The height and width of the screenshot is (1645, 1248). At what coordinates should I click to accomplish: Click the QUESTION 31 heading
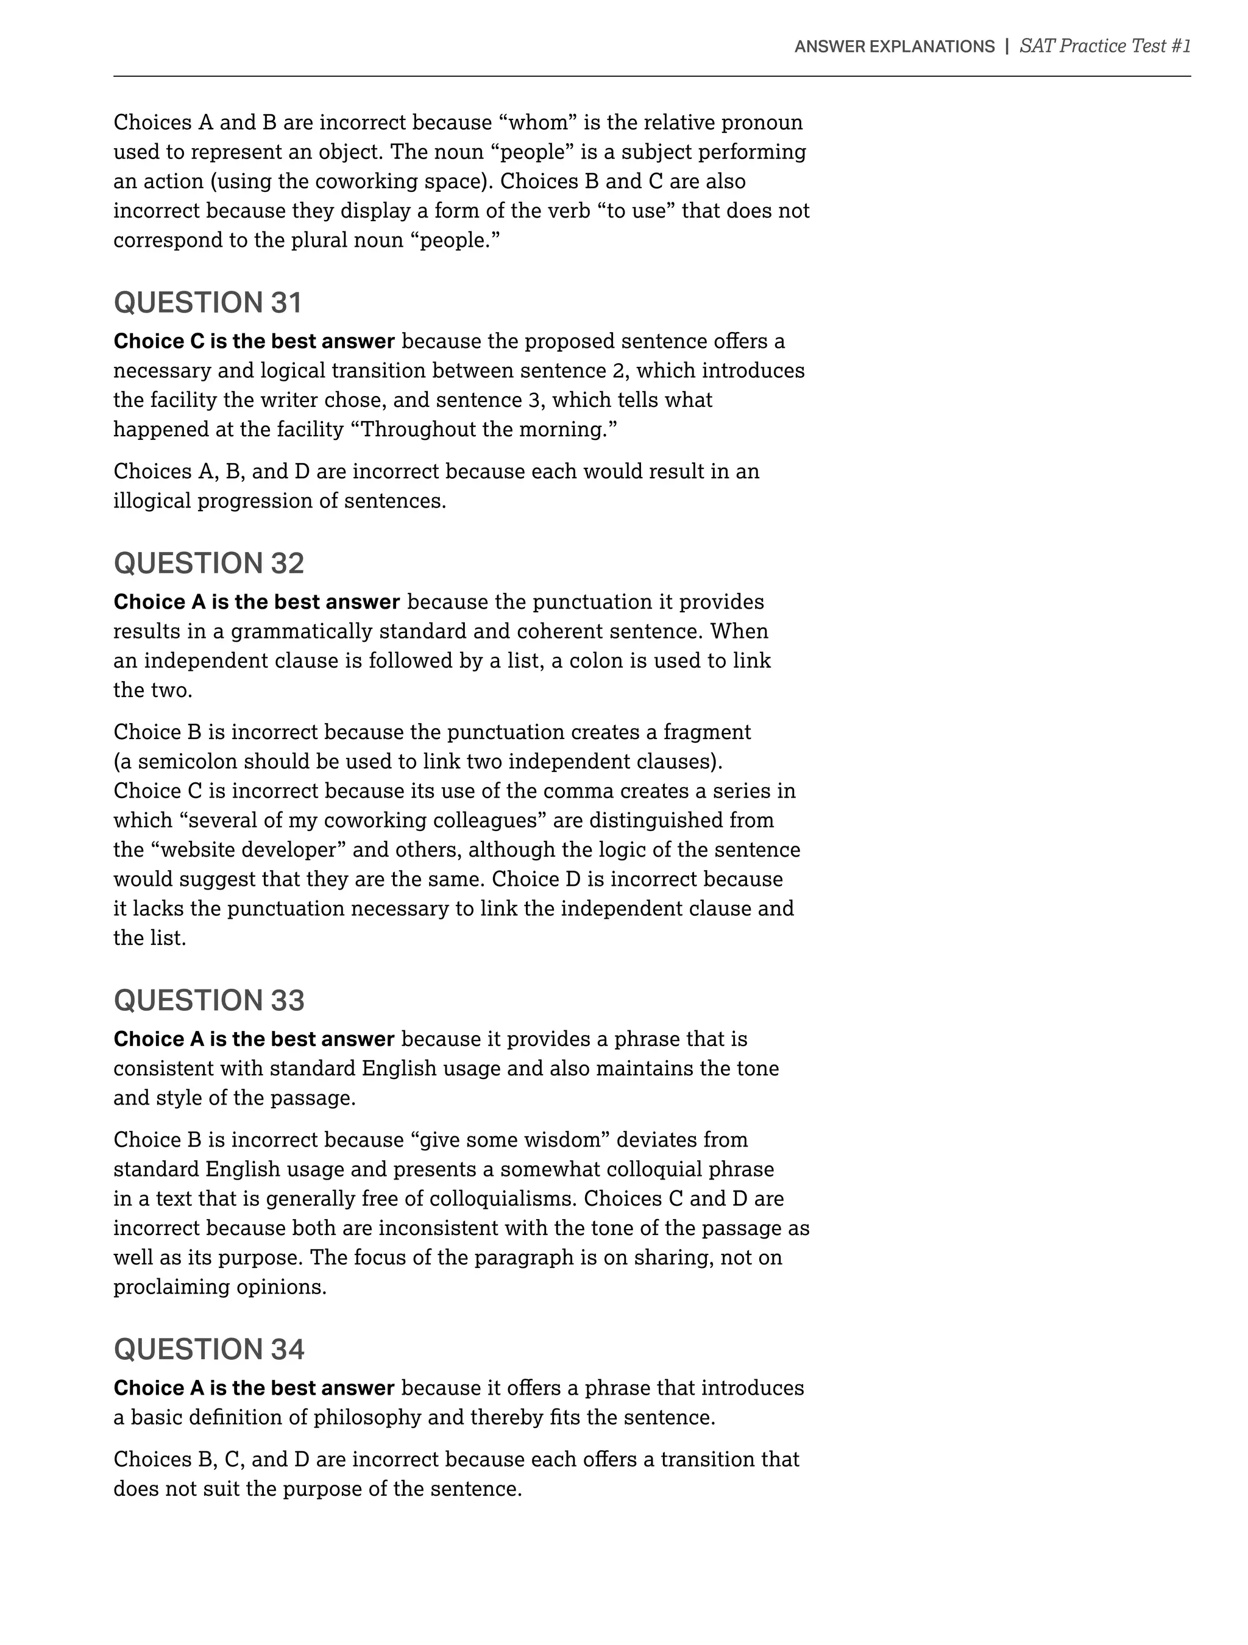tap(208, 303)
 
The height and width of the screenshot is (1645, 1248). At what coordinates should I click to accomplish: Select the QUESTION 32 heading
tap(208, 563)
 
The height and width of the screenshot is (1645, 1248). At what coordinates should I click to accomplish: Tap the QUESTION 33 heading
tap(208, 1000)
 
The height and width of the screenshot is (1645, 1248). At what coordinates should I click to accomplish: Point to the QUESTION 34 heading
tap(208, 1349)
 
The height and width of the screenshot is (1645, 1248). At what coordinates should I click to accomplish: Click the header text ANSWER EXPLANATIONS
tap(894, 47)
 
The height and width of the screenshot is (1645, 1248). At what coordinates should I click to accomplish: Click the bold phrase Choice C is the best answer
tap(253, 341)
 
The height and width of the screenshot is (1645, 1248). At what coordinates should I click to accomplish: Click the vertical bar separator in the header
tap(1006, 46)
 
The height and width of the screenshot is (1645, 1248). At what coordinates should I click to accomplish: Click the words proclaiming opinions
tap(219, 1287)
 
